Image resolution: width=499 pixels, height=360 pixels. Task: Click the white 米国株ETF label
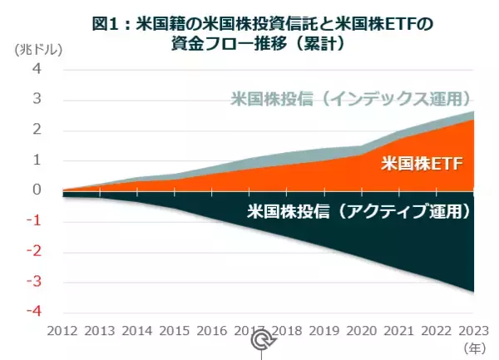(421, 163)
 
